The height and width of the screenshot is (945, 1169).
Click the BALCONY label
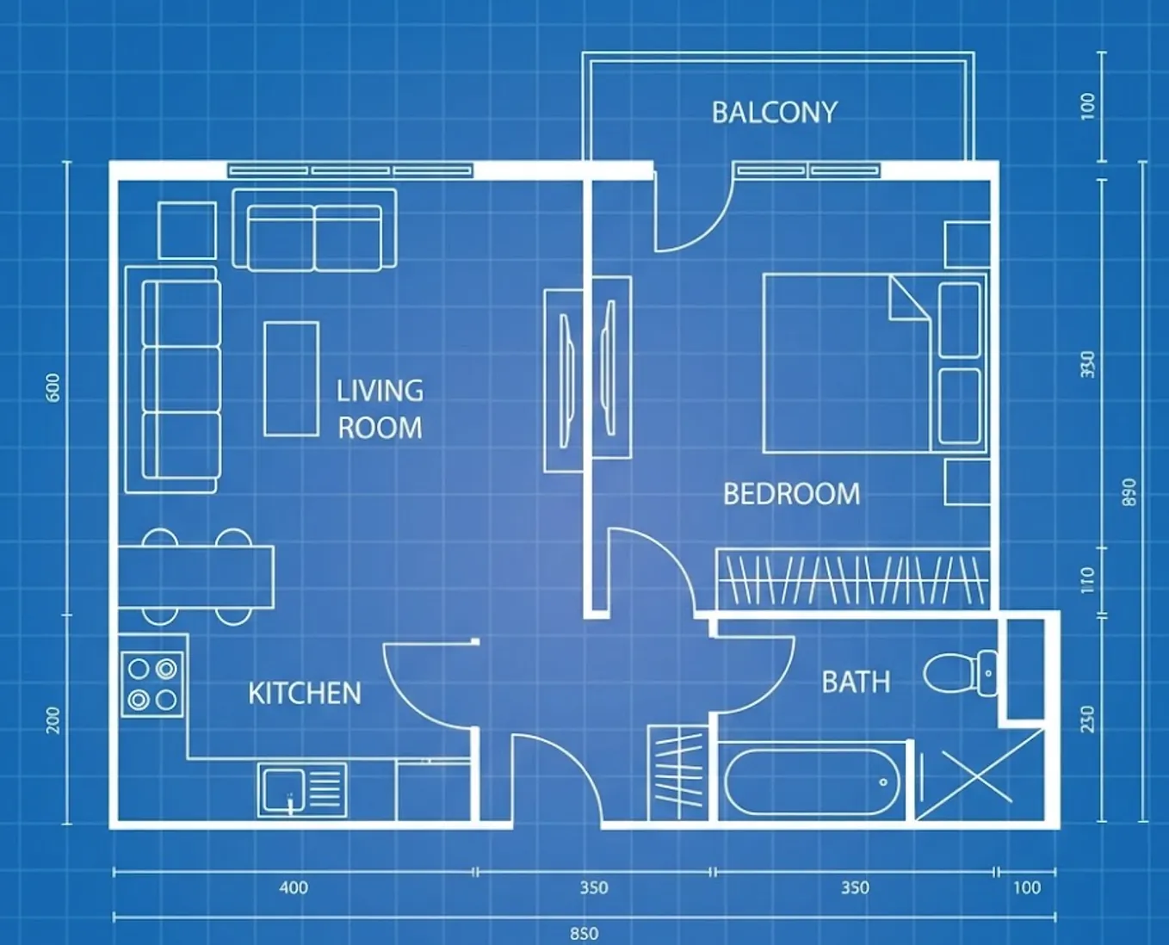(x=775, y=113)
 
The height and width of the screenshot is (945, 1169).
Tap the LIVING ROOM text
(x=380, y=410)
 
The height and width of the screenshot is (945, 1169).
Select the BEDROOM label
(x=791, y=494)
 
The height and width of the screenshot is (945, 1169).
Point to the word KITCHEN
(x=305, y=693)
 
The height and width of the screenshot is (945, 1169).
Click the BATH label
(x=856, y=682)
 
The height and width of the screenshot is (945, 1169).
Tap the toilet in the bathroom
(x=960, y=673)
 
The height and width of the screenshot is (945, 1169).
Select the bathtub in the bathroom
(x=813, y=781)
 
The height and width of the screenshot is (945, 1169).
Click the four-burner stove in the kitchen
(x=152, y=684)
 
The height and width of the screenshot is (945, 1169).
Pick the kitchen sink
(x=302, y=790)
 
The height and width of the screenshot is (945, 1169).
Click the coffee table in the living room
(x=292, y=380)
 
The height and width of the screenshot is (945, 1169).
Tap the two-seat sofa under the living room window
(x=314, y=230)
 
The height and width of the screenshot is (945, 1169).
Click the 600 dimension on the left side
(x=53, y=387)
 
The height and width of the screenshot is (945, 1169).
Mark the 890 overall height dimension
(x=1129, y=492)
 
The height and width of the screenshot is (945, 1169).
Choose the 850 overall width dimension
(x=584, y=934)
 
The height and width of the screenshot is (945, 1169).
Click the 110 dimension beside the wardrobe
(x=1086, y=580)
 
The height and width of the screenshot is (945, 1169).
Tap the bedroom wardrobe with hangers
(x=853, y=579)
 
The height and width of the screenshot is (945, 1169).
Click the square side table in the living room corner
(x=187, y=231)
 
